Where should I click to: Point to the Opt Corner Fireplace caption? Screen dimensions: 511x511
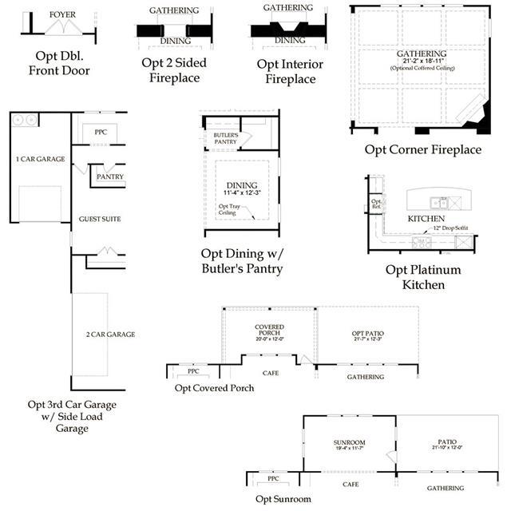click(423, 149)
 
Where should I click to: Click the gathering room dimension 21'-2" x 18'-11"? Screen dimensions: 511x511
click(421, 61)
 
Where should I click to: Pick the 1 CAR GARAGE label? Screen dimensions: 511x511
click(40, 159)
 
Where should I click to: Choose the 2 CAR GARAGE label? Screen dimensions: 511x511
click(109, 334)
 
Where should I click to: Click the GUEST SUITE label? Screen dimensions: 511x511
click(100, 219)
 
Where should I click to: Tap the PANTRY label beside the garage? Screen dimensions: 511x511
click(109, 176)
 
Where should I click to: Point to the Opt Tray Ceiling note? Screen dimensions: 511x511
click(229, 209)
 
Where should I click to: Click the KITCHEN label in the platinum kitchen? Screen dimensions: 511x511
click(426, 218)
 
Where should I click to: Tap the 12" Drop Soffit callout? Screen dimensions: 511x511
click(452, 228)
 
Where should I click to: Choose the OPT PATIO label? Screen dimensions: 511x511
click(368, 333)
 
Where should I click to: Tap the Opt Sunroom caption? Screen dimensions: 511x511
click(283, 499)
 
